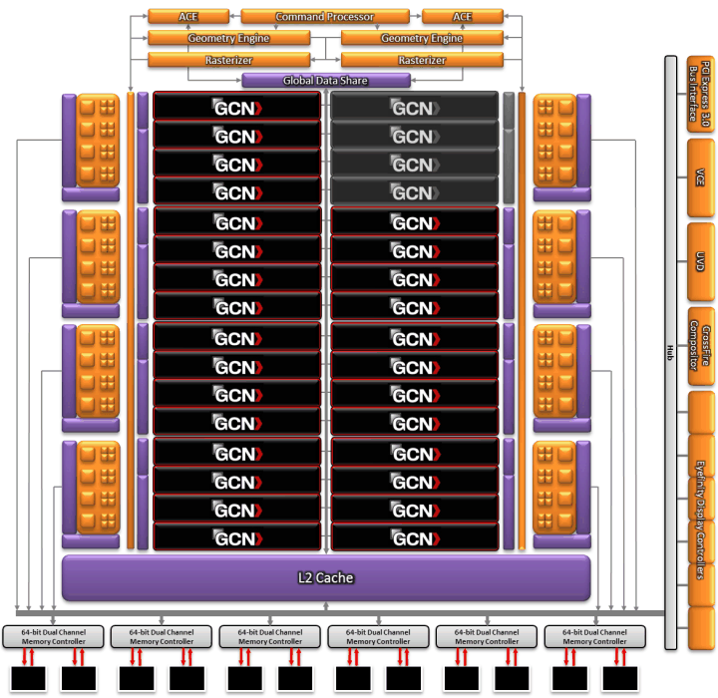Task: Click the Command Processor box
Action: [x=324, y=17]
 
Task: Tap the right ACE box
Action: [x=462, y=17]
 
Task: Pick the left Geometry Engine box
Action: [x=227, y=38]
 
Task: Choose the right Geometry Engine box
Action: [x=421, y=38]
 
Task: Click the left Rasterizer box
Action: [x=227, y=60]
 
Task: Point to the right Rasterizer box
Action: [x=421, y=60]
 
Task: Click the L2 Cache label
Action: [x=325, y=577]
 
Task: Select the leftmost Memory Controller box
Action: [x=55, y=636]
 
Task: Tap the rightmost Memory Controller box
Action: [x=595, y=636]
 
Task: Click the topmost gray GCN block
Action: [x=414, y=106]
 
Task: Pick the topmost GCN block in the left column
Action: [x=236, y=106]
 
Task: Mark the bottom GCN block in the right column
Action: [x=414, y=538]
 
